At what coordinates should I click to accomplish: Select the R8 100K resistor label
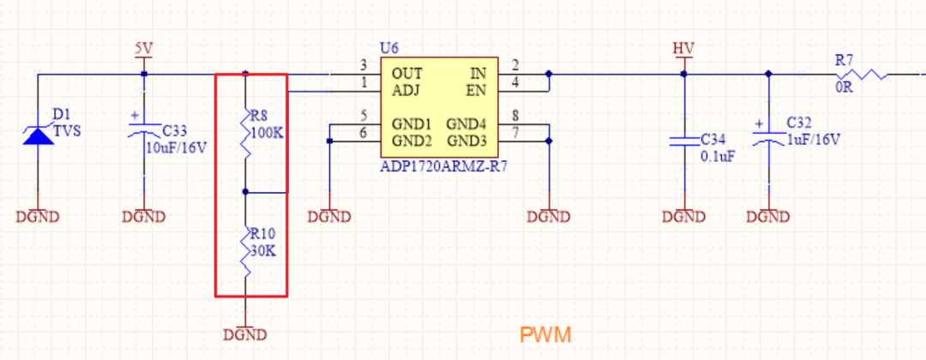point(267,123)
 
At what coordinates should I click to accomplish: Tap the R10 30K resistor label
point(263,242)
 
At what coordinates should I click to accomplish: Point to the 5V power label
point(143,49)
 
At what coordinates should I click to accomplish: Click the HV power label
point(684,49)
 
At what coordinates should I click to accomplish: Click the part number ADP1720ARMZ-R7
point(444,168)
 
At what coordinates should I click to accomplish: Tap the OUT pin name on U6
point(407,74)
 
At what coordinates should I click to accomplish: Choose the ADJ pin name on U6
point(406,90)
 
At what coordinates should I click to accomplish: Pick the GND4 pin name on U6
point(466,124)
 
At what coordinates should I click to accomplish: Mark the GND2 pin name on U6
point(412,141)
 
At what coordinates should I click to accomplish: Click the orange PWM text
point(545,335)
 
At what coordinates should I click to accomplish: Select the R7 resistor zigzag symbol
point(863,75)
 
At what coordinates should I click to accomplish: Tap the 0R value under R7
point(845,89)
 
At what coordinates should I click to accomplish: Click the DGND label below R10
point(245,335)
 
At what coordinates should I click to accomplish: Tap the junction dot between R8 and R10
point(246,192)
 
